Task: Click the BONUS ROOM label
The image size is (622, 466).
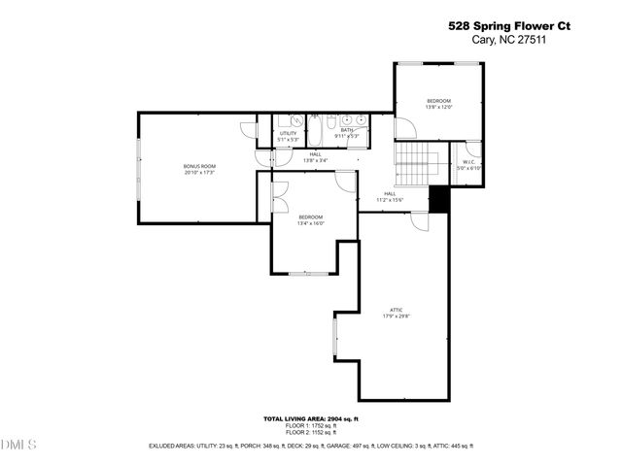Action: [199, 169]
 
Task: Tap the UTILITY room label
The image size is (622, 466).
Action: [288, 136]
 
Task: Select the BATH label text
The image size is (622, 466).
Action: [347, 133]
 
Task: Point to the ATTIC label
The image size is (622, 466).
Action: [396, 313]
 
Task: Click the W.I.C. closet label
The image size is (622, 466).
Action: [468, 165]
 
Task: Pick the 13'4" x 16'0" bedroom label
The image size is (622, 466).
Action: [311, 219]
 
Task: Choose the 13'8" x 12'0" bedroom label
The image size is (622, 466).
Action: [438, 104]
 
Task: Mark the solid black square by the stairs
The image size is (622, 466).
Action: [440, 199]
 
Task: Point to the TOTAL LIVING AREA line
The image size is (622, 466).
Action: [311, 418]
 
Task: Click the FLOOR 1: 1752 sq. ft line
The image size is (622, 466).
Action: [311, 425]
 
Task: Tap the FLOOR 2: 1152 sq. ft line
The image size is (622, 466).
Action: [311, 432]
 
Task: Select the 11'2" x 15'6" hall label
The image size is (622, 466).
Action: [390, 197]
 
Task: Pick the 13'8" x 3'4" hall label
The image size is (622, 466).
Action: [316, 157]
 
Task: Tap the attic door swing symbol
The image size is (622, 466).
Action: [420, 221]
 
